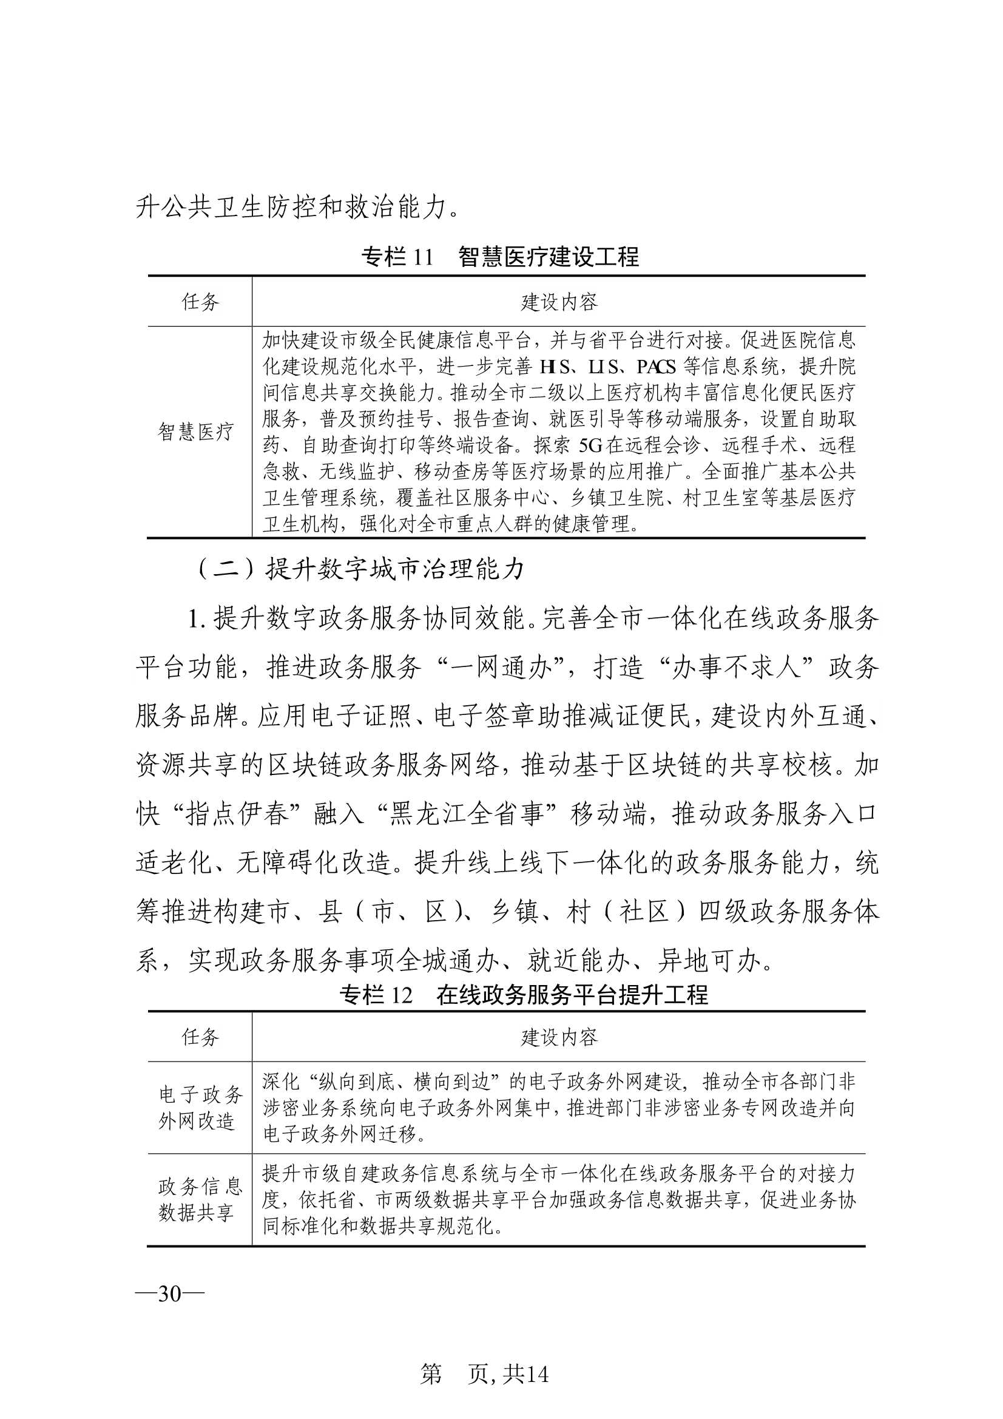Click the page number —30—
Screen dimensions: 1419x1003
coord(169,1293)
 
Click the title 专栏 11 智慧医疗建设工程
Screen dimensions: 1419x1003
coord(501,257)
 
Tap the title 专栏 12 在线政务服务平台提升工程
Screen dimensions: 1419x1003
coord(501,994)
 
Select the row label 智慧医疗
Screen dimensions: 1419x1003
coord(196,432)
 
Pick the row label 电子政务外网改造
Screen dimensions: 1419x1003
coord(200,1107)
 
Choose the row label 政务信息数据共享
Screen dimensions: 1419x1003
coord(200,1199)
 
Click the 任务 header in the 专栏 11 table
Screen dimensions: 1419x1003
coord(200,302)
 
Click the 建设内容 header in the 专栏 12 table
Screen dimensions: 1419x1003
coord(559,1037)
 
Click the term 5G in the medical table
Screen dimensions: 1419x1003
coord(592,445)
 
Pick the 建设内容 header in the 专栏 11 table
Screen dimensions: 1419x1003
coord(559,302)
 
